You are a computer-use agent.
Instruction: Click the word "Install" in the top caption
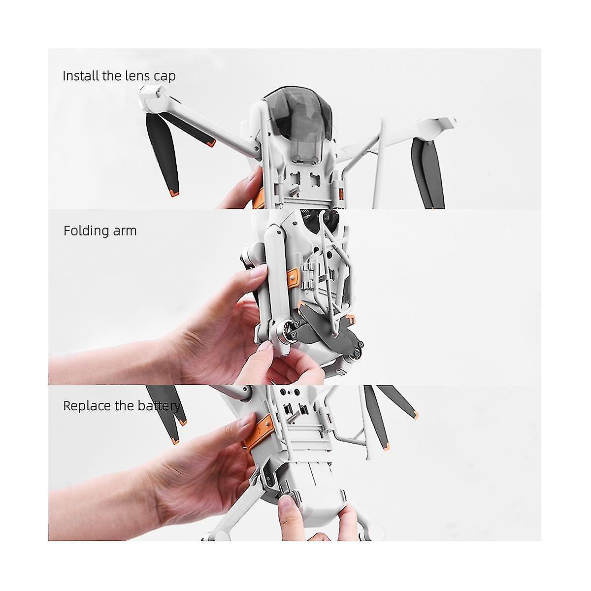pos(81,75)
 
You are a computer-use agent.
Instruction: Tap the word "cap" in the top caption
pos(164,77)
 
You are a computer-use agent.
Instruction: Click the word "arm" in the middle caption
pos(125,231)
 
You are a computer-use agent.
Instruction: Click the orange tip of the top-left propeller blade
pos(174,194)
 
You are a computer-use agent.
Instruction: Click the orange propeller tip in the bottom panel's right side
pos(415,415)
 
